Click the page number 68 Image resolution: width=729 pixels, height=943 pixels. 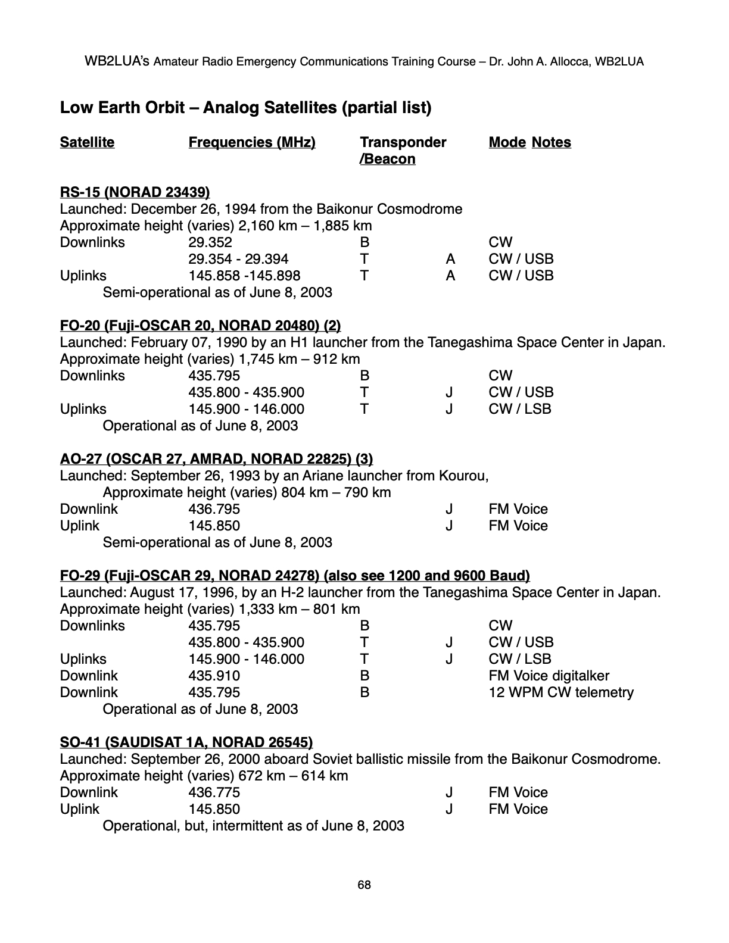click(x=364, y=885)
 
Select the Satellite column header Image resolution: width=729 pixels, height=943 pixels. click(x=87, y=142)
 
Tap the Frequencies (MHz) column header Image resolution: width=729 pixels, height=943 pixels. click(x=252, y=142)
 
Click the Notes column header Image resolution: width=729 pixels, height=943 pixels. click(x=551, y=142)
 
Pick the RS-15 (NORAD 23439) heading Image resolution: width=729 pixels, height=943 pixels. click(x=135, y=192)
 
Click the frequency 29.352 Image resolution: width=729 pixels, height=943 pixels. click(x=210, y=242)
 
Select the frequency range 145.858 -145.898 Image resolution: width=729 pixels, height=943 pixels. click(x=244, y=276)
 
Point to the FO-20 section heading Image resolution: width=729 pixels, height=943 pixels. click(x=200, y=326)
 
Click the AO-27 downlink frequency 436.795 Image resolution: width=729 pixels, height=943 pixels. click(x=214, y=509)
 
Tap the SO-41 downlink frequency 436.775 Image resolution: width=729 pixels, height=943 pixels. click(x=214, y=792)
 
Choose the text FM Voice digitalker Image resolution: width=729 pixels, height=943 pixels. click(x=549, y=676)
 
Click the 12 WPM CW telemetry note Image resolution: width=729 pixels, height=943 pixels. click(x=561, y=692)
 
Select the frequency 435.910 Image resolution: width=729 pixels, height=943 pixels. click(x=214, y=676)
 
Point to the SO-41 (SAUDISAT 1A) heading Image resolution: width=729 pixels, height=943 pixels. click(x=186, y=742)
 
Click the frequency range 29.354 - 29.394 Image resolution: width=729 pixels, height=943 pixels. click(x=238, y=259)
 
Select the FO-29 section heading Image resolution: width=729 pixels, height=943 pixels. click(x=295, y=576)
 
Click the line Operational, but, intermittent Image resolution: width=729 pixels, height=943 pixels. click(x=253, y=826)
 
